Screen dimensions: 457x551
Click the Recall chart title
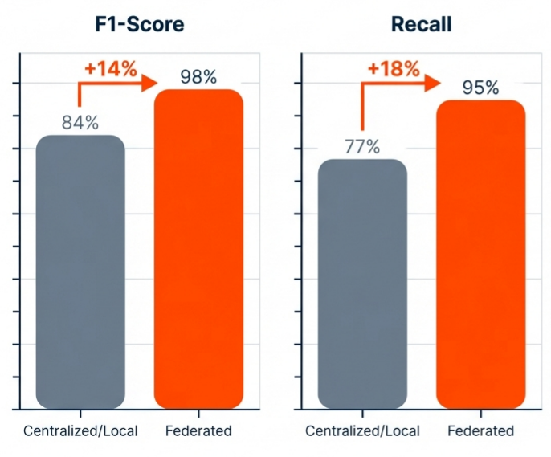421,24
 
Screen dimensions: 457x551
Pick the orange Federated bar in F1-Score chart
198,248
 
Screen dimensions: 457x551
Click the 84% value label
80,123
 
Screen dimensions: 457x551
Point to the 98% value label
198,77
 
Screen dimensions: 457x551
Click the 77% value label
362,147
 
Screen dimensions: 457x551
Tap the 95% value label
480,88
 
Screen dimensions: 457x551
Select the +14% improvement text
110,68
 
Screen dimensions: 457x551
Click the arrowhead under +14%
148,83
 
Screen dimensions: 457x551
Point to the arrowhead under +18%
431,83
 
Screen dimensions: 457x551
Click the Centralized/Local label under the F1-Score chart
80,431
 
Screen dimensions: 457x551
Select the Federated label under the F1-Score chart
198,431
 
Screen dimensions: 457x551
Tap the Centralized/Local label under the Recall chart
362,431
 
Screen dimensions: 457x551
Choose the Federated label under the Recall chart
480,431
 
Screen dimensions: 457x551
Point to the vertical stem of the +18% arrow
362,108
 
